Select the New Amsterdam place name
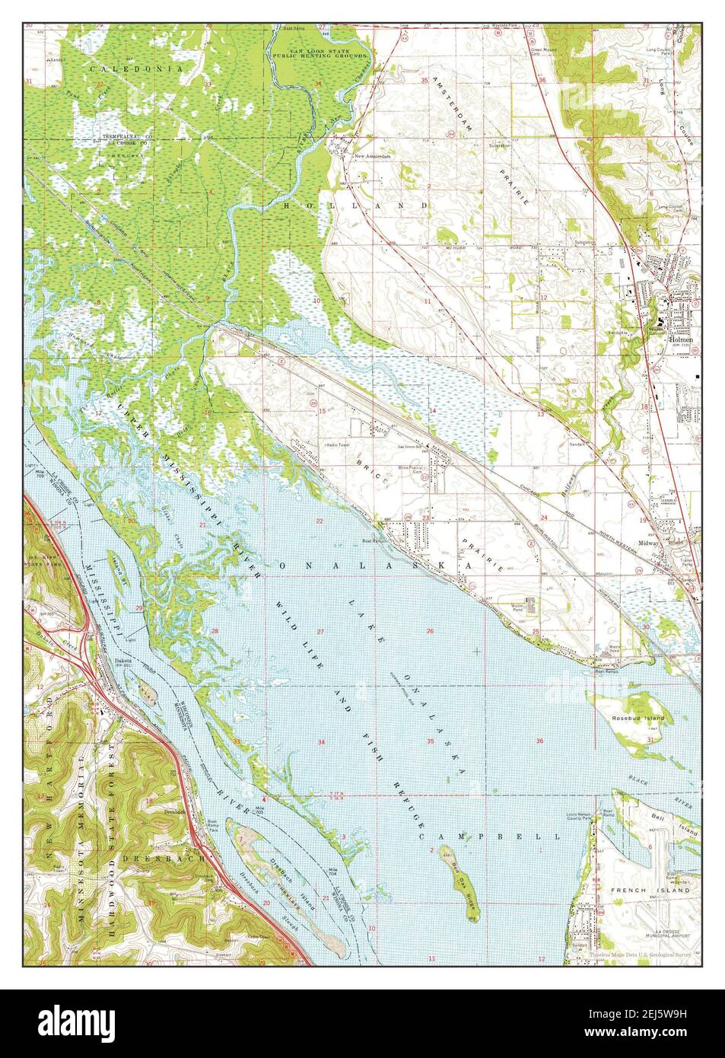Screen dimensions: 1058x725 coord(372,157)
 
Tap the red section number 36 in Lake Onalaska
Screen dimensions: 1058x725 coord(540,741)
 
